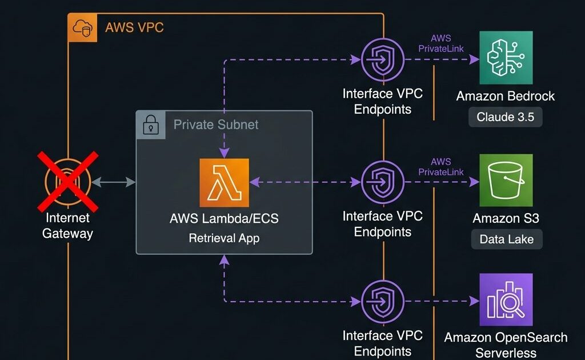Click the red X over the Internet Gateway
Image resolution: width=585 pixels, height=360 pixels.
click(x=68, y=181)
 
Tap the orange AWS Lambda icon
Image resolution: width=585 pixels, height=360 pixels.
click(x=225, y=182)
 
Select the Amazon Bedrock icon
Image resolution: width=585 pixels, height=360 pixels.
click(x=506, y=58)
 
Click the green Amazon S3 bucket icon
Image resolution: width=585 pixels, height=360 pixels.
click(x=506, y=180)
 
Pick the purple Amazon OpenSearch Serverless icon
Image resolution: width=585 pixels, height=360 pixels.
click(x=506, y=299)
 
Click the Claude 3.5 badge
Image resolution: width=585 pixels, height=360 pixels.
click(x=506, y=117)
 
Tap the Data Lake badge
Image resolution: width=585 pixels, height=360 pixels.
click(x=506, y=239)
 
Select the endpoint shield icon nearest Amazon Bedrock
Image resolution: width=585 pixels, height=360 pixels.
click(x=383, y=59)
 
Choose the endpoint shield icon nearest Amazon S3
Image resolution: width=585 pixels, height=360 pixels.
click(x=383, y=182)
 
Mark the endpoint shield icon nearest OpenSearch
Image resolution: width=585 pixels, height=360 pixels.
click(x=383, y=301)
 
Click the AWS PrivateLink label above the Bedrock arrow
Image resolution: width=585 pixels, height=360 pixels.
click(x=441, y=44)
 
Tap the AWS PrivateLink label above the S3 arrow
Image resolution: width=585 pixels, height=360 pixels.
click(x=441, y=167)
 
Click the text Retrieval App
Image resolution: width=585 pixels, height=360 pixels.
click(x=224, y=238)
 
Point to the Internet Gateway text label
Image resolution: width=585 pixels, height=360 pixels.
click(x=67, y=225)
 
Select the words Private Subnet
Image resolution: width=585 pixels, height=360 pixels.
click(x=216, y=125)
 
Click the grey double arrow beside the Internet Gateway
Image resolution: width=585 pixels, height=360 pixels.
click(x=114, y=182)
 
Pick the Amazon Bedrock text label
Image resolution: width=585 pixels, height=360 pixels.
click(x=506, y=96)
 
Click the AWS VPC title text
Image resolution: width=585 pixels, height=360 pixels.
click(x=134, y=27)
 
